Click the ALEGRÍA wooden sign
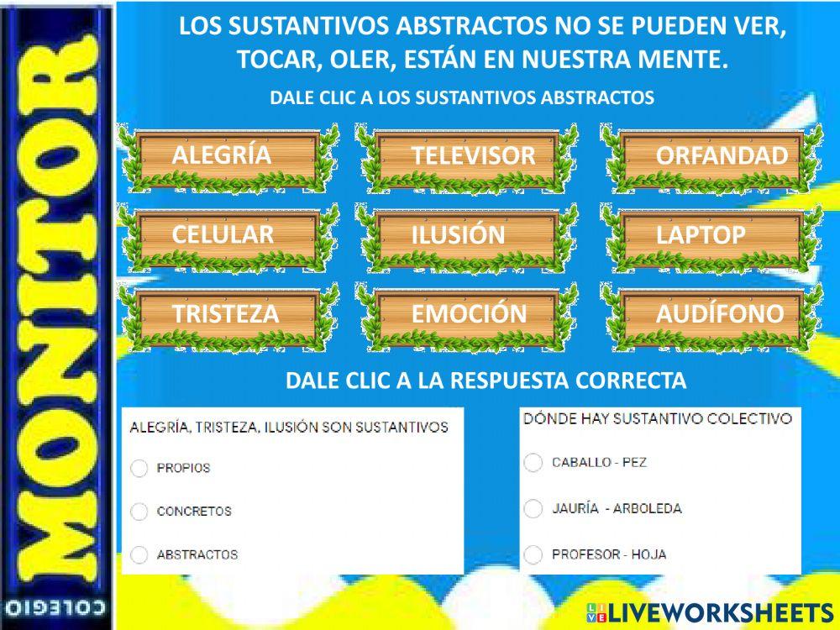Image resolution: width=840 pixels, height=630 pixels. tap(227, 156)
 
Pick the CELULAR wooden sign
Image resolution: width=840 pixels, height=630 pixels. tap(227, 235)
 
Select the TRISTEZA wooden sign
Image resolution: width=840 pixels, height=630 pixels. tap(227, 314)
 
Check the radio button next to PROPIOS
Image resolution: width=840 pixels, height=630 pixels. tap(139, 469)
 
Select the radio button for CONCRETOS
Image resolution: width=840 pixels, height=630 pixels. tap(139, 512)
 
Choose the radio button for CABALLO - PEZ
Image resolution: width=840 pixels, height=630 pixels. tap(533, 463)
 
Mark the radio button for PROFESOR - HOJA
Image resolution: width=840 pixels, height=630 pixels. tap(533, 554)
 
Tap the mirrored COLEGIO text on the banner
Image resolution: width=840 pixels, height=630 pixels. tap(56, 607)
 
